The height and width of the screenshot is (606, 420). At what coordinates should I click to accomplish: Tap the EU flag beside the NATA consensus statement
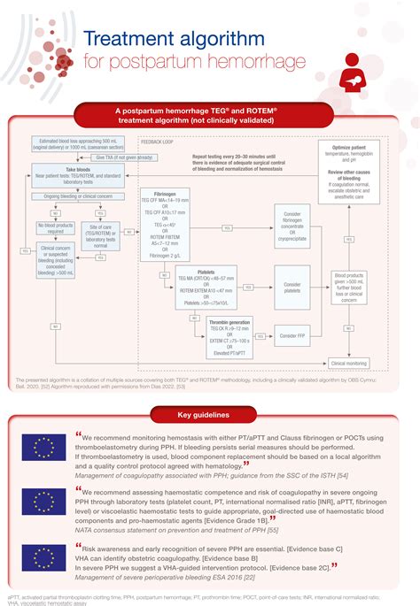tap(47, 505)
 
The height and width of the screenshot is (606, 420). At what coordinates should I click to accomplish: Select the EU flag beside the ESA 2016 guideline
tap(47, 556)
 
